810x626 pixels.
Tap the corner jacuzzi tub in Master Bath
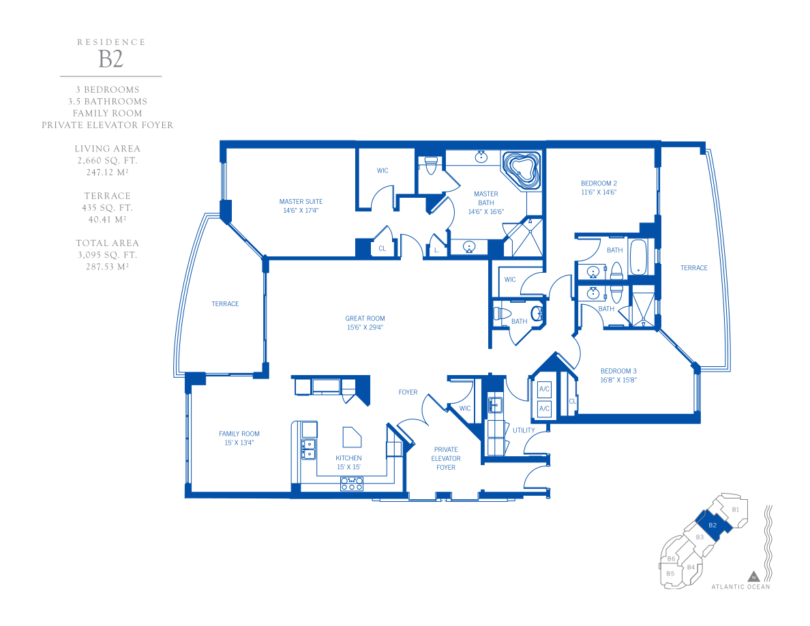tap(521, 170)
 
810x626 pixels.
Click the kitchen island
tap(352, 437)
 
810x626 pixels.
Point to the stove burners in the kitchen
tap(351, 484)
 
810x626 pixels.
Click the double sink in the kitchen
tap(309, 449)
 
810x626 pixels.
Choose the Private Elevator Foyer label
tap(446, 459)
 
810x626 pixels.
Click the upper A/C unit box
tap(544, 389)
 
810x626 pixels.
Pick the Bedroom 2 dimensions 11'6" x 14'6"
tap(599, 192)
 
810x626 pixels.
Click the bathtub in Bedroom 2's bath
tap(638, 256)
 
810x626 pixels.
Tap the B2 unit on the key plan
tap(712, 525)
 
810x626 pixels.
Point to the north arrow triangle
tap(753, 576)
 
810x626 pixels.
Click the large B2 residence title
tap(110, 59)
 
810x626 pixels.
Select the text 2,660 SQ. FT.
tap(108, 161)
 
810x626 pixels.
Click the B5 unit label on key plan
tap(670, 573)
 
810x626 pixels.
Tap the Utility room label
tap(524, 430)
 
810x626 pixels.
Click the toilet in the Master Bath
tap(430, 165)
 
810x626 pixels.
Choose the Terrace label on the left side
tap(225, 303)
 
